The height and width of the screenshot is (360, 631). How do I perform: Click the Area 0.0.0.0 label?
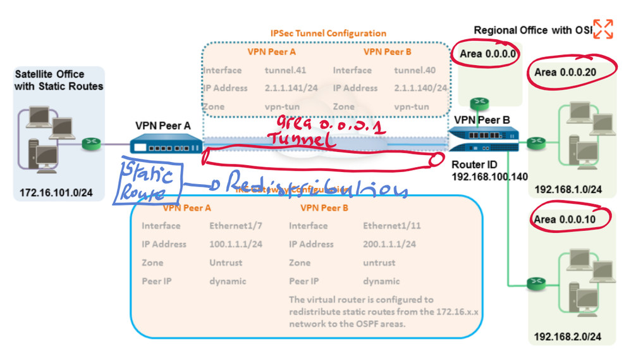click(488, 54)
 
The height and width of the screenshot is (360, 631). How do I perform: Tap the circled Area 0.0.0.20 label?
click(565, 72)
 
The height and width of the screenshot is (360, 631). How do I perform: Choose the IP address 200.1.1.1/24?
click(389, 244)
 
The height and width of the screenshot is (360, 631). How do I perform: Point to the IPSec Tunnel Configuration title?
click(328, 33)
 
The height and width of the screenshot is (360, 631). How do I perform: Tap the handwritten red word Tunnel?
click(300, 140)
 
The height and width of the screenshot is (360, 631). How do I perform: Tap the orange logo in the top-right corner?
click(603, 28)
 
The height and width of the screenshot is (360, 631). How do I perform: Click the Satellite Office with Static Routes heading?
click(58, 80)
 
